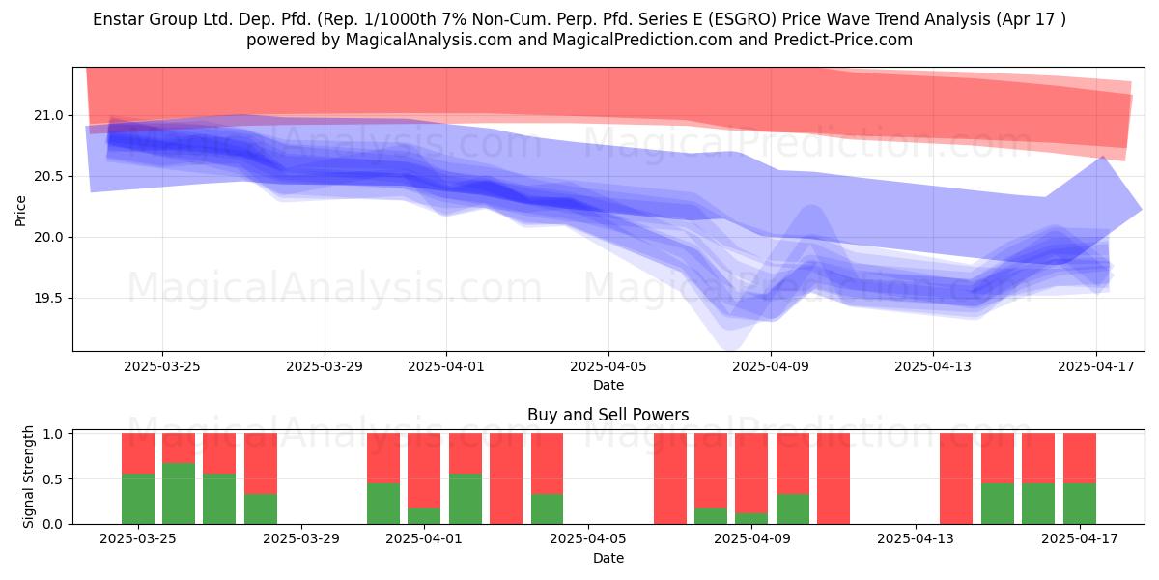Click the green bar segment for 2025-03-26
coord(179,493)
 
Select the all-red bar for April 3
coord(506,478)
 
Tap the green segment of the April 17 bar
coord(1080,504)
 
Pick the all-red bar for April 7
coord(670,478)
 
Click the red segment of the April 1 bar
coord(424,471)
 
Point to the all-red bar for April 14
coord(956,478)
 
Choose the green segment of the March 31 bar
coord(383,504)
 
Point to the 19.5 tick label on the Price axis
coord(48,299)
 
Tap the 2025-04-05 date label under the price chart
coord(608,366)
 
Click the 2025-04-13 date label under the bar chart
coord(916,539)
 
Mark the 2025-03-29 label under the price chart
coord(325,366)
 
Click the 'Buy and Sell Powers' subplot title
coord(608,415)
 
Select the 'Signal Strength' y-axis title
coord(28,477)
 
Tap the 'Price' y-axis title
coord(20,211)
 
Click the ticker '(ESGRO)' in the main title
coord(743,19)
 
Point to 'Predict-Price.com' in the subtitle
coord(843,40)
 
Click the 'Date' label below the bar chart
coord(608,558)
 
